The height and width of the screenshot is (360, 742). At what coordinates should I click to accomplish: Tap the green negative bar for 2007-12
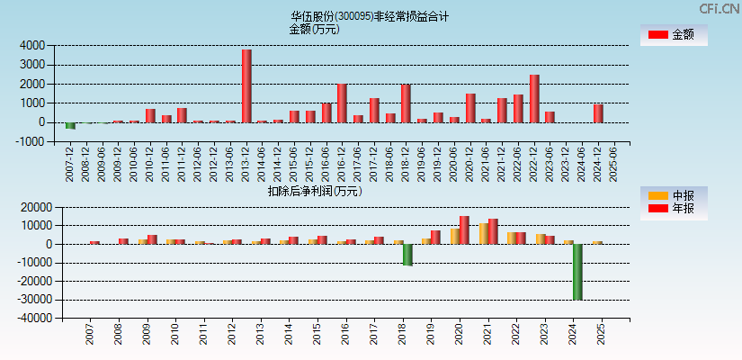[70, 126]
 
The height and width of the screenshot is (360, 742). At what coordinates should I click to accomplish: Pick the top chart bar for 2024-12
[598, 113]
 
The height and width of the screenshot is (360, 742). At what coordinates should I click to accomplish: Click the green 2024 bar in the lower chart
[577, 272]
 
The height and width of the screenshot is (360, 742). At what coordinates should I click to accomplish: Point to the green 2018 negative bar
[407, 255]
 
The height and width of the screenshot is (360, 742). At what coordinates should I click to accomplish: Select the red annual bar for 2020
[464, 229]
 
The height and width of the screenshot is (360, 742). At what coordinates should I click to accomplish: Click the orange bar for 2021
[484, 233]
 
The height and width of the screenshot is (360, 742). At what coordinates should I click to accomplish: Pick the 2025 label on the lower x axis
[601, 335]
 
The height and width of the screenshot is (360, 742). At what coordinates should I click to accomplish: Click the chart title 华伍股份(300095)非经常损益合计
[370, 16]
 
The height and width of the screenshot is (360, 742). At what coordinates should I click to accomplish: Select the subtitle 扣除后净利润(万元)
[315, 191]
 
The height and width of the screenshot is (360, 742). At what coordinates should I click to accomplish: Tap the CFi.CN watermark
[720, 8]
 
